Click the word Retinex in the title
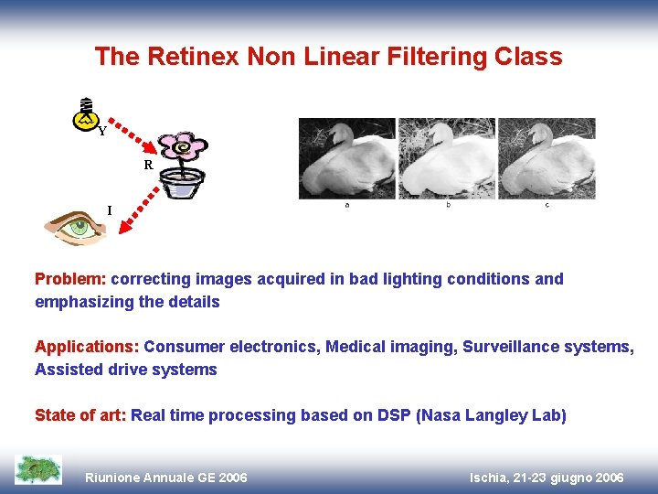195,57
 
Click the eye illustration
76,226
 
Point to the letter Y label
102,132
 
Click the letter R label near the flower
147,166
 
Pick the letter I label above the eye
110,210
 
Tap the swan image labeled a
347,159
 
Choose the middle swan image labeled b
447,159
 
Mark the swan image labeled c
546,159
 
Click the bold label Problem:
70,279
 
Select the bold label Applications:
87,348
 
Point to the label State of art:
80,416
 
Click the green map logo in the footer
38,468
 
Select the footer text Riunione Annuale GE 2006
165,478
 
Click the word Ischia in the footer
492,478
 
